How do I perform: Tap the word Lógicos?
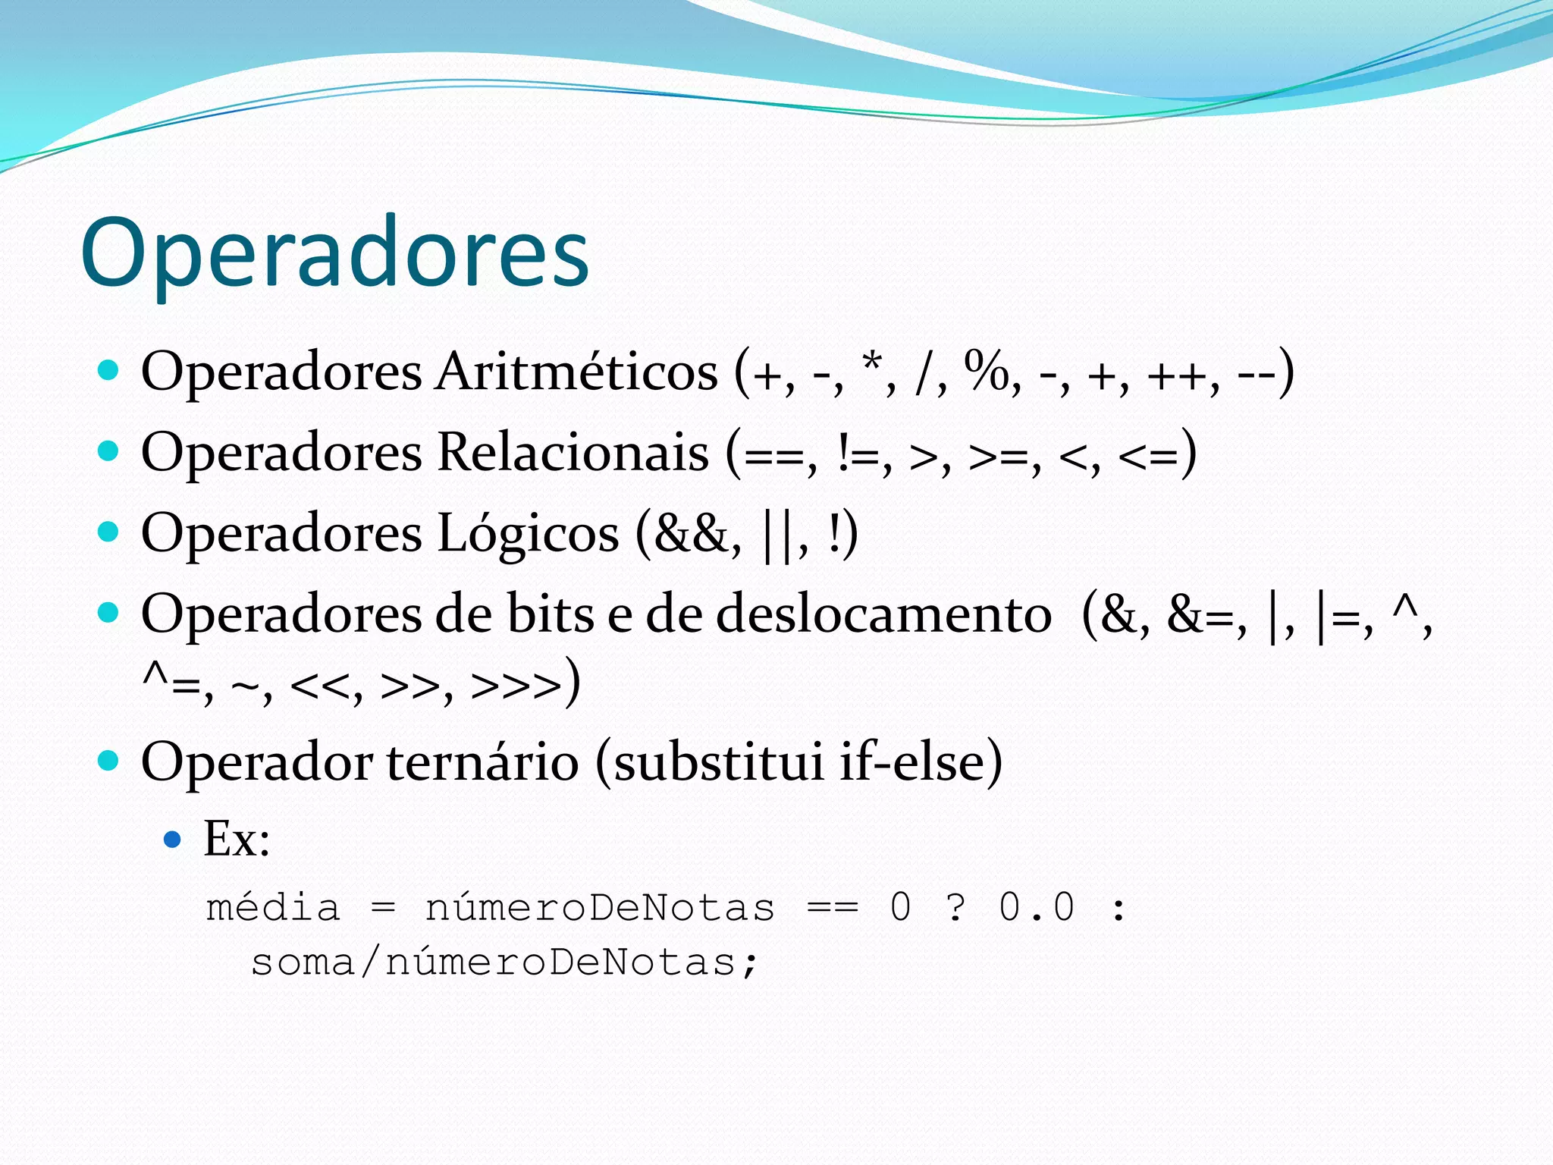click(528, 533)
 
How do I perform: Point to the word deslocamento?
click(883, 614)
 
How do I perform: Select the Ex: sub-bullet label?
click(237, 840)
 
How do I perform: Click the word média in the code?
click(273, 908)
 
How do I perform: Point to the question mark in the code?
click(956, 908)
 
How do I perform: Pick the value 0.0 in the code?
click(1037, 908)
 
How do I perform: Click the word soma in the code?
click(303, 963)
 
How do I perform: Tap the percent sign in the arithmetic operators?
click(986, 372)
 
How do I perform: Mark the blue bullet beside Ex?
click(173, 840)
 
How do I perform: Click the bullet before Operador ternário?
click(109, 760)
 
